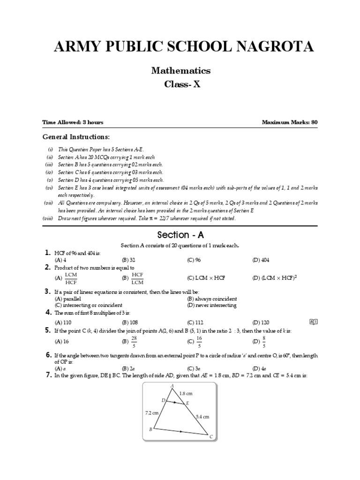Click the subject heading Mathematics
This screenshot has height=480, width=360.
pos(180,71)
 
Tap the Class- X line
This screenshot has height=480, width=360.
pos(180,85)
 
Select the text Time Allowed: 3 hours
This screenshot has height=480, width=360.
pos(73,122)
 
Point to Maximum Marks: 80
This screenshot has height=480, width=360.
pos(290,122)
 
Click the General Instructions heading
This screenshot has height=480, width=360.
pos(76,137)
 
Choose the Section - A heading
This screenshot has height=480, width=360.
pos(180,234)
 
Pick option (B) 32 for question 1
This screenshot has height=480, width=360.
pos(128,260)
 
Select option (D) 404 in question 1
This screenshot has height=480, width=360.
pos(261,260)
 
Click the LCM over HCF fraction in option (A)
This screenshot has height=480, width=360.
pos(71,278)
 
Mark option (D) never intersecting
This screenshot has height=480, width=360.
pos(211,305)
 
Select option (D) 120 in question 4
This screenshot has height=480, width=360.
pos(260,322)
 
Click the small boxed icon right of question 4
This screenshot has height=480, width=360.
pos(314,322)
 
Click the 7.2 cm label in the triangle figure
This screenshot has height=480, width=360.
pos(152,413)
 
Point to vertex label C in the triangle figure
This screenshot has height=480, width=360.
pos(211,437)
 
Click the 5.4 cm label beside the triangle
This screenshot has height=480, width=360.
pos(202,416)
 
